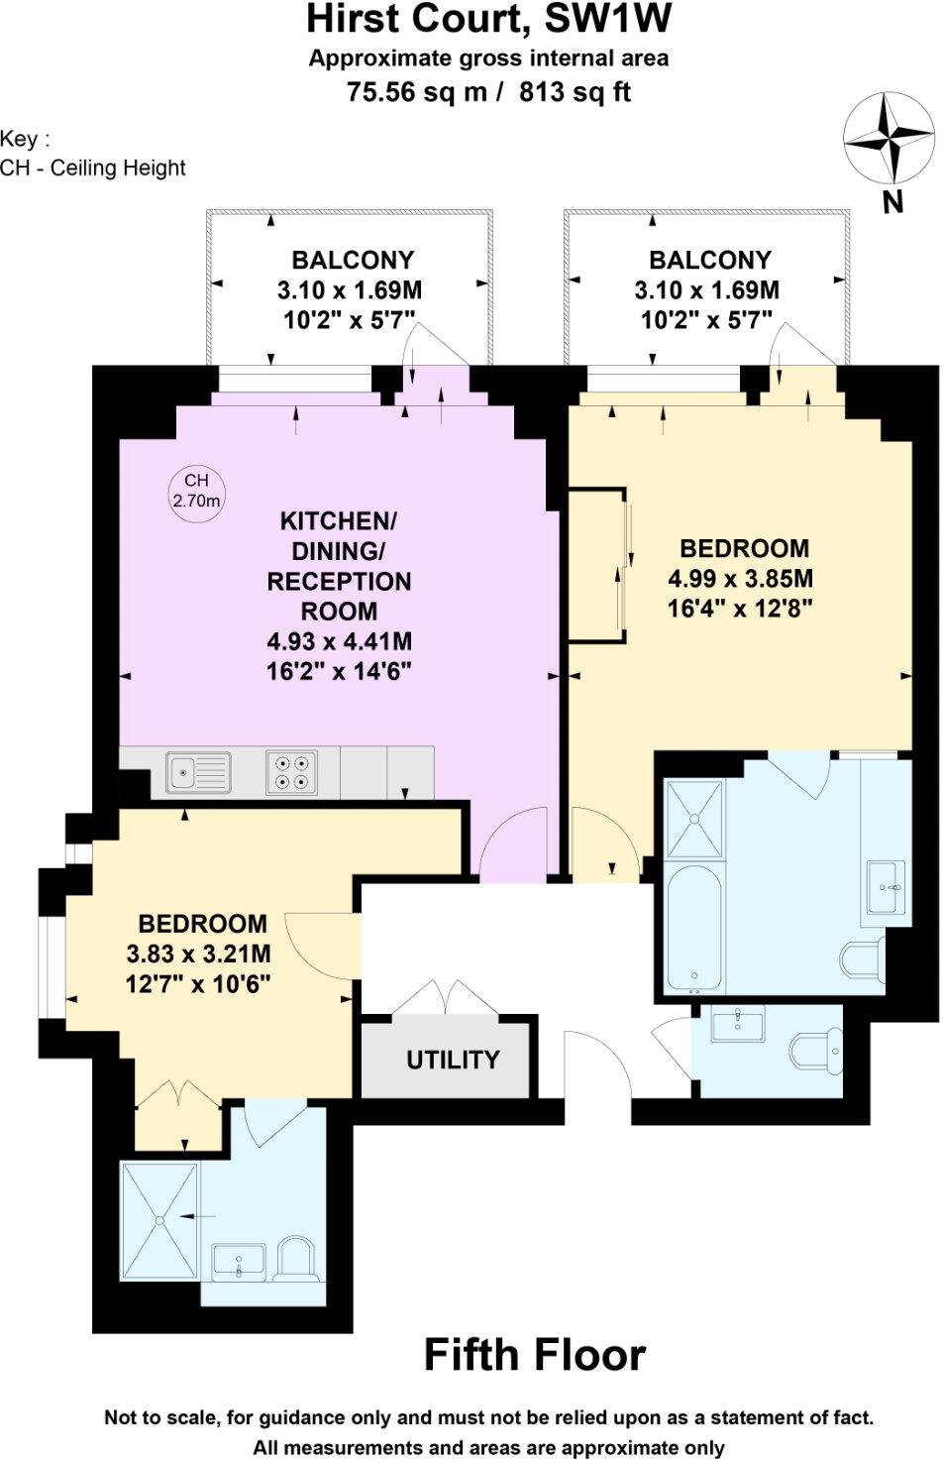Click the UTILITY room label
pos(453,1060)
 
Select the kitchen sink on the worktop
pos(198,772)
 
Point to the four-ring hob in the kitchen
pos(291,772)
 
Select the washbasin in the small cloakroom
pos(737,1024)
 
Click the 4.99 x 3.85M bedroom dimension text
pos(741,578)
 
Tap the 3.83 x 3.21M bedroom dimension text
pos(198,954)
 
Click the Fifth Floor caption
pos(534,1355)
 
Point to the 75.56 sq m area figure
pos(415,92)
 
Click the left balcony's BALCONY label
pos(352,260)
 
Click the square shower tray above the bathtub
pos(695,819)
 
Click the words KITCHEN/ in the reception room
pos(338,520)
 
